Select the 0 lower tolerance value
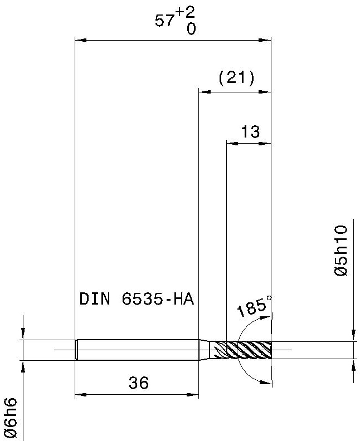191,29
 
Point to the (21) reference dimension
236,77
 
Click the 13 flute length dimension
250,131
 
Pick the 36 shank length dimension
139,383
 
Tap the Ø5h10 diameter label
342,251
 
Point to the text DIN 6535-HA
137,298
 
